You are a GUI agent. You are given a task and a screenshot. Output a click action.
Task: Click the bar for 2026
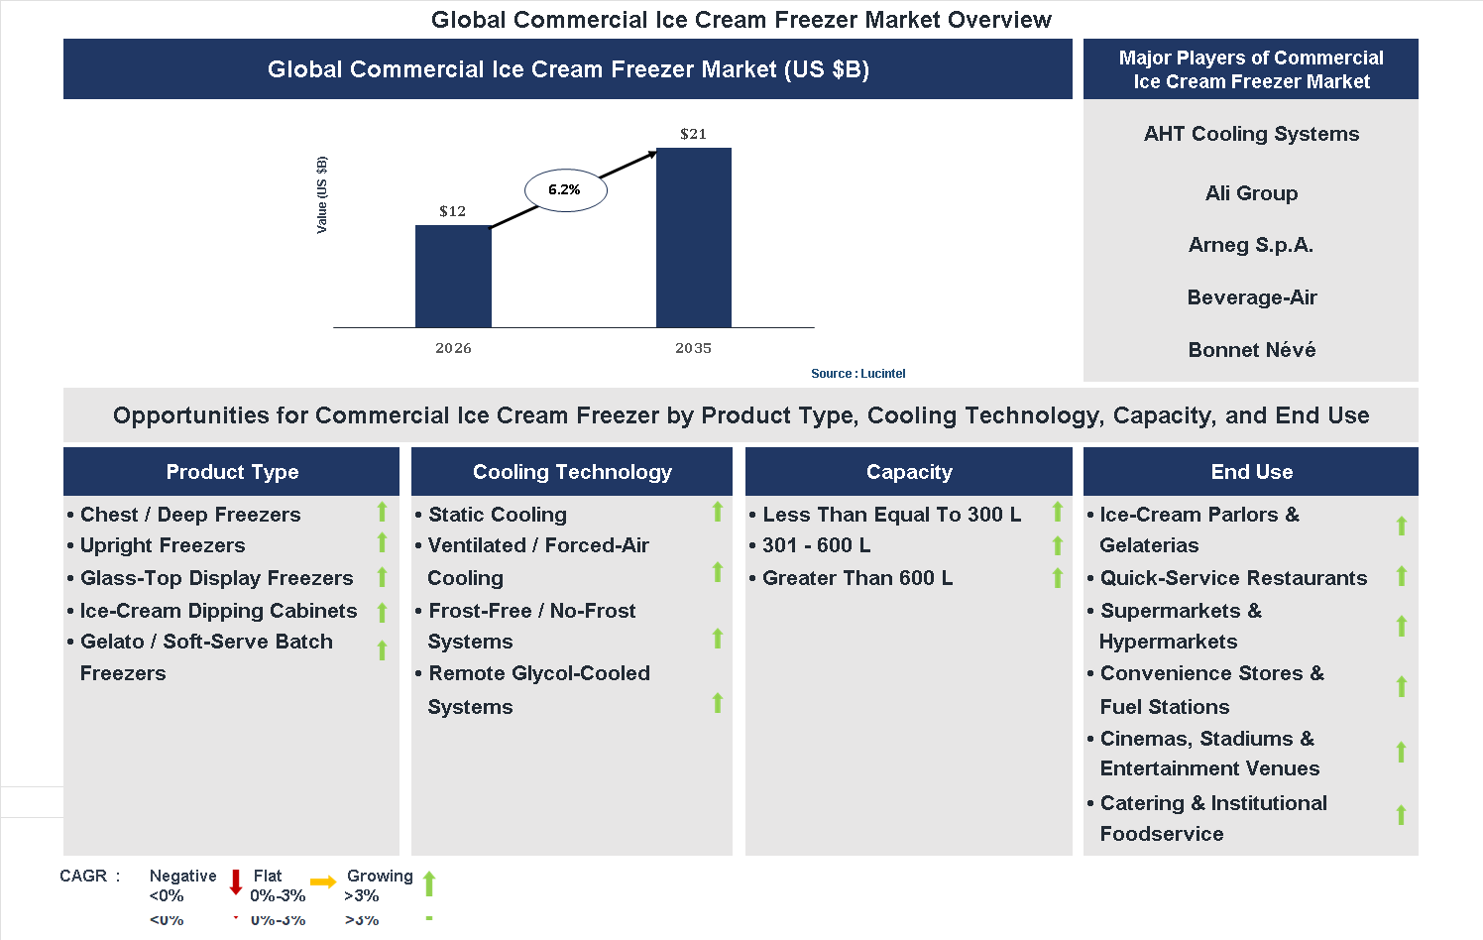pos(453,277)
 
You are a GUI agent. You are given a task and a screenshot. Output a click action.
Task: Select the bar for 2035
pos(693,238)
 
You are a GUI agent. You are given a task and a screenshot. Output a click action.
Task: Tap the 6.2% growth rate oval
pos(565,189)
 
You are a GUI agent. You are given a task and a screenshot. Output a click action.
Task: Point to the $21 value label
pos(693,134)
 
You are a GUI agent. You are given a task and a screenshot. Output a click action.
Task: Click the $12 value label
pos(452,211)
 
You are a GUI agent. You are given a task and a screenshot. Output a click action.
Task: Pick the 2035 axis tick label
pos(693,348)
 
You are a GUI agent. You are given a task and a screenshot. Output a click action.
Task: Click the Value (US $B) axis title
pos(321,195)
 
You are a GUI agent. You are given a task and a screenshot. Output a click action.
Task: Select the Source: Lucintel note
pos(857,374)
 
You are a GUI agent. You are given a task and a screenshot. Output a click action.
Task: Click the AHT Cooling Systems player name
pos(1251,134)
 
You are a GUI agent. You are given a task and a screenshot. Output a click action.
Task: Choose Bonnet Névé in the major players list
pos(1251,350)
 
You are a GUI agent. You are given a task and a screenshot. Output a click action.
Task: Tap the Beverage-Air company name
pos(1251,297)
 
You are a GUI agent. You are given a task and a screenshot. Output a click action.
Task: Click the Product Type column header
pos(232,472)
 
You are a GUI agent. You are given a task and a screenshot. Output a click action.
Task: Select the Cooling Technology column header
pos(572,472)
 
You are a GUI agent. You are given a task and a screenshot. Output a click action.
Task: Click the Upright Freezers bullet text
pos(163,545)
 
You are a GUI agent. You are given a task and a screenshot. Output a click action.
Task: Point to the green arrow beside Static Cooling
pos(718,512)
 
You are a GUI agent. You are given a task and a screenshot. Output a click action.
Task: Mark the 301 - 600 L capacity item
pos(816,545)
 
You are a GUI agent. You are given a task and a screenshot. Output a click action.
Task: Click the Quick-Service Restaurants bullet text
pos(1233,578)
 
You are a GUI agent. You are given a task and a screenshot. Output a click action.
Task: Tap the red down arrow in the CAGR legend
pos(236,881)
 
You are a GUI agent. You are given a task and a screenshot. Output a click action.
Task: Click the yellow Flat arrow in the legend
pos(323,881)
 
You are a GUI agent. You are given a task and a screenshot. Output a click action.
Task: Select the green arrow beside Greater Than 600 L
pos(1058,577)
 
